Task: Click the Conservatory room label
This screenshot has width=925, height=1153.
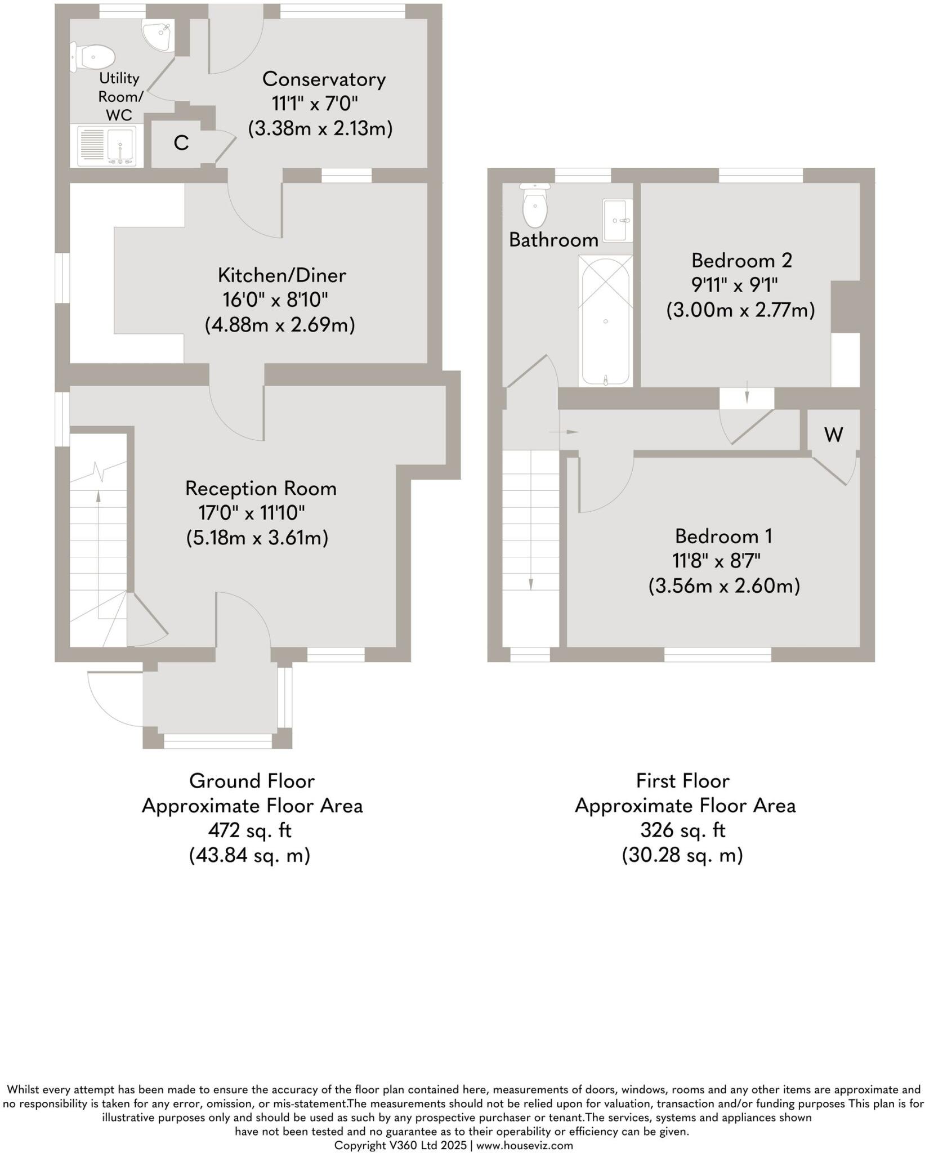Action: pos(324,79)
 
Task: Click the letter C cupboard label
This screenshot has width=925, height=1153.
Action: pos(181,143)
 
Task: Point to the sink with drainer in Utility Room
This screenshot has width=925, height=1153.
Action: pos(107,146)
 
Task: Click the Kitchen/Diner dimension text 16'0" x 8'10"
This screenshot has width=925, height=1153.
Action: pos(275,300)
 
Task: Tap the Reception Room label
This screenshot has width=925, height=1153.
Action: pos(261,488)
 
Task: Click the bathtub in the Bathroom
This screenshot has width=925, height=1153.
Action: pos(605,320)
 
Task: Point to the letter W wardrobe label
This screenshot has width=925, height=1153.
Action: pos(833,434)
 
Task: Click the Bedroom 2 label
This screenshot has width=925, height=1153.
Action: pos(741,261)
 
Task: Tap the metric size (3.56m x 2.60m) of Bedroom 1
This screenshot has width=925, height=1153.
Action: pos(724,586)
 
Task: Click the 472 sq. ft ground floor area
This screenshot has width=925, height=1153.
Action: pos(249,830)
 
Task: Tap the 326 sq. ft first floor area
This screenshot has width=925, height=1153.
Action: pos(682,830)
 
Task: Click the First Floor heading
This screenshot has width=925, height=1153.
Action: pos(682,781)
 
